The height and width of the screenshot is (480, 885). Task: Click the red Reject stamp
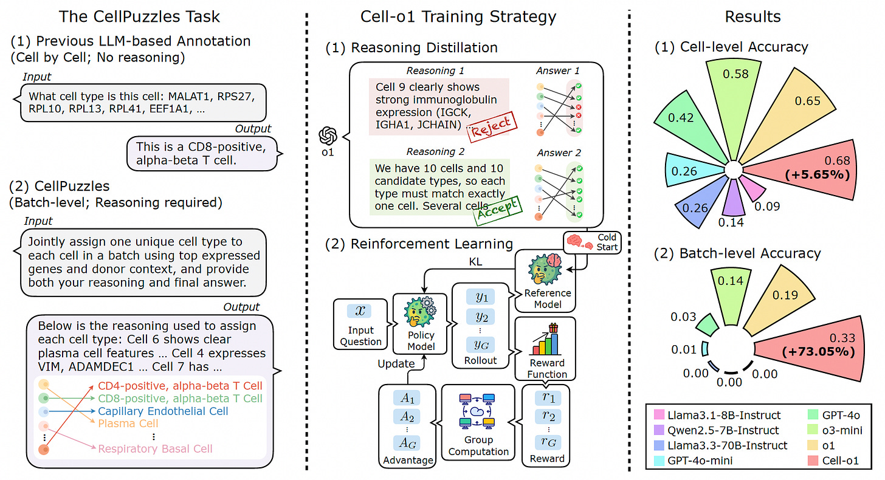point(492,126)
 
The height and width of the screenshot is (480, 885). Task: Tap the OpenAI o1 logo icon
point(328,136)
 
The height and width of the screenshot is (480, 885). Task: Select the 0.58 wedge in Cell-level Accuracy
point(734,103)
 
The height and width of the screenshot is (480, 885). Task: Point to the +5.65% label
point(817,174)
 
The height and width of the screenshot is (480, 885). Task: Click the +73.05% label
point(818,352)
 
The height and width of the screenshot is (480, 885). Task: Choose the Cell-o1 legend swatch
point(813,461)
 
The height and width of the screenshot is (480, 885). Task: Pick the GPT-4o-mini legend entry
point(694,461)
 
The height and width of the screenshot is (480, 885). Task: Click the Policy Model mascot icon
point(420,312)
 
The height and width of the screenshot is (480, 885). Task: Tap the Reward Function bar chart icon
point(546,340)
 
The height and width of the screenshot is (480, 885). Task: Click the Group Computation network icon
point(477,411)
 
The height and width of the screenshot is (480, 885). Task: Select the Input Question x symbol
point(360,311)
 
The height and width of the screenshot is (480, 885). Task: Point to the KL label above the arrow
point(475,262)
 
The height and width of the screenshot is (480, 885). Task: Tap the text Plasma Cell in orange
point(128,423)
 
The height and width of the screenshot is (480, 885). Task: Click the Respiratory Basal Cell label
point(155,449)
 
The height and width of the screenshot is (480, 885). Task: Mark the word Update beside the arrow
point(396,364)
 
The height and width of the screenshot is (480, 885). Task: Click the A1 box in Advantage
point(407,398)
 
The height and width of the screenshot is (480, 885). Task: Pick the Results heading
point(752,17)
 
